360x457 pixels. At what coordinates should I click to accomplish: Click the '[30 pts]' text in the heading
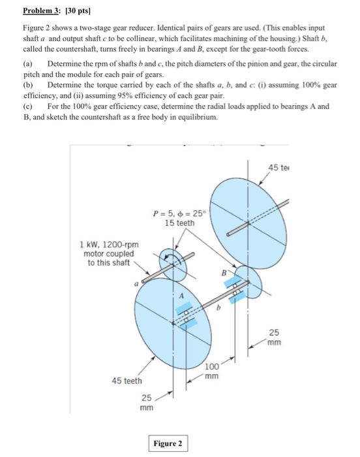click(x=76, y=12)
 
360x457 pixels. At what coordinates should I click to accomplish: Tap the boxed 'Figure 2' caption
click(x=167, y=444)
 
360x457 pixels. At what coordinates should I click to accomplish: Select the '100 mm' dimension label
click(x=213, y=371)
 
